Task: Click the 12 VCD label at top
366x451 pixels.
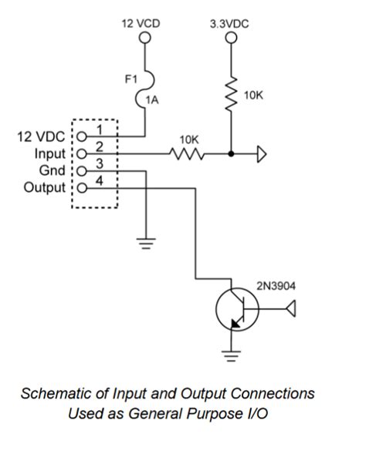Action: point(142,25)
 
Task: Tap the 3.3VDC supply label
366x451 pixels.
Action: point(229,25)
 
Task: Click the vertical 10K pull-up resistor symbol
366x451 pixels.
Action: point(229,96)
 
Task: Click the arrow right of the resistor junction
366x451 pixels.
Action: point(262,155)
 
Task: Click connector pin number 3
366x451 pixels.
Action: point(99,163)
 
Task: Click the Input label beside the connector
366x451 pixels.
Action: point(49,153)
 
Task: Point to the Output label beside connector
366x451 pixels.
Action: point(45,187)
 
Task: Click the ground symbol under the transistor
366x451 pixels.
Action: point(229,355)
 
